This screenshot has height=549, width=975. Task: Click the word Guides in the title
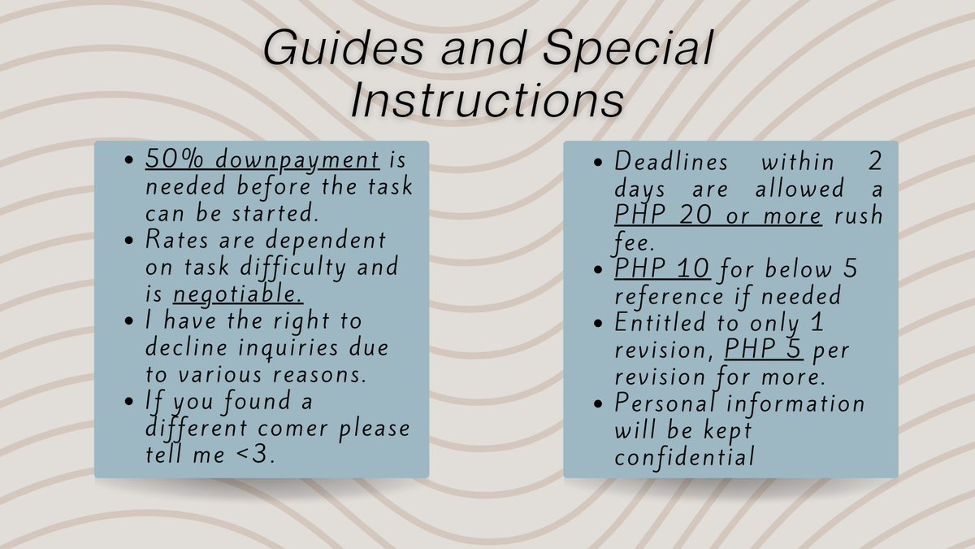tap(344, 49)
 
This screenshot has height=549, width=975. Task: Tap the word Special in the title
tap(627, 49)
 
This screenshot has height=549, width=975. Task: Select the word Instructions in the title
tap(487, 101)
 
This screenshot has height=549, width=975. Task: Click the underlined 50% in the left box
tap(174, 159)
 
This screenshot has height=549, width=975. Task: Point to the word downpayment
tap(297, 160)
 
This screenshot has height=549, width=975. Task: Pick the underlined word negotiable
tap(237, 294)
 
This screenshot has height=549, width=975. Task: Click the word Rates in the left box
tap(177, 240)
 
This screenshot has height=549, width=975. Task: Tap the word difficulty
tap(293, 268)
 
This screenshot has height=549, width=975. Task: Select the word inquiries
tap(288, 349)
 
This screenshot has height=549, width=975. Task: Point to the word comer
tap(292, 429)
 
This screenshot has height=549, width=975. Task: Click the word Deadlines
tap(671, 161)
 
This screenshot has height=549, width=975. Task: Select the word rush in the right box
tap(858, 216)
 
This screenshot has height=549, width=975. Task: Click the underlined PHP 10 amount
tap(662, 268)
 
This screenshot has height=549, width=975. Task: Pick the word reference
tap(669, 297)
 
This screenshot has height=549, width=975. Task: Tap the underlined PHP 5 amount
tap(763, 349)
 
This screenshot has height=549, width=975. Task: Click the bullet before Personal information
tap(598, 403)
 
